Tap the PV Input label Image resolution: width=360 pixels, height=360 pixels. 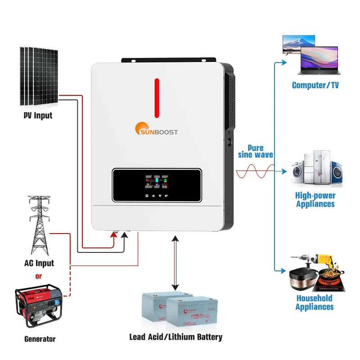38,116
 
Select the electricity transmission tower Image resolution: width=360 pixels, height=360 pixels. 38,225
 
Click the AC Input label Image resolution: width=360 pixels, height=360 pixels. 39,263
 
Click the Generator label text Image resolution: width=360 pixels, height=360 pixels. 40,339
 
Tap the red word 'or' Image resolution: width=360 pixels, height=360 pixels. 38,276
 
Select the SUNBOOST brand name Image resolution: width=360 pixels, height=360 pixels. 162,132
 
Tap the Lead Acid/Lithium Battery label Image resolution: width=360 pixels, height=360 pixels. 175,337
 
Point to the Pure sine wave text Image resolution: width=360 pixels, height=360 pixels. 256,152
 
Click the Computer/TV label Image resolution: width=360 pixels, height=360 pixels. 315,85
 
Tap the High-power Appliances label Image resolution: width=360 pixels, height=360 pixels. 315,200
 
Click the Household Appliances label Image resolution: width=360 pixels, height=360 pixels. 315,302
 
